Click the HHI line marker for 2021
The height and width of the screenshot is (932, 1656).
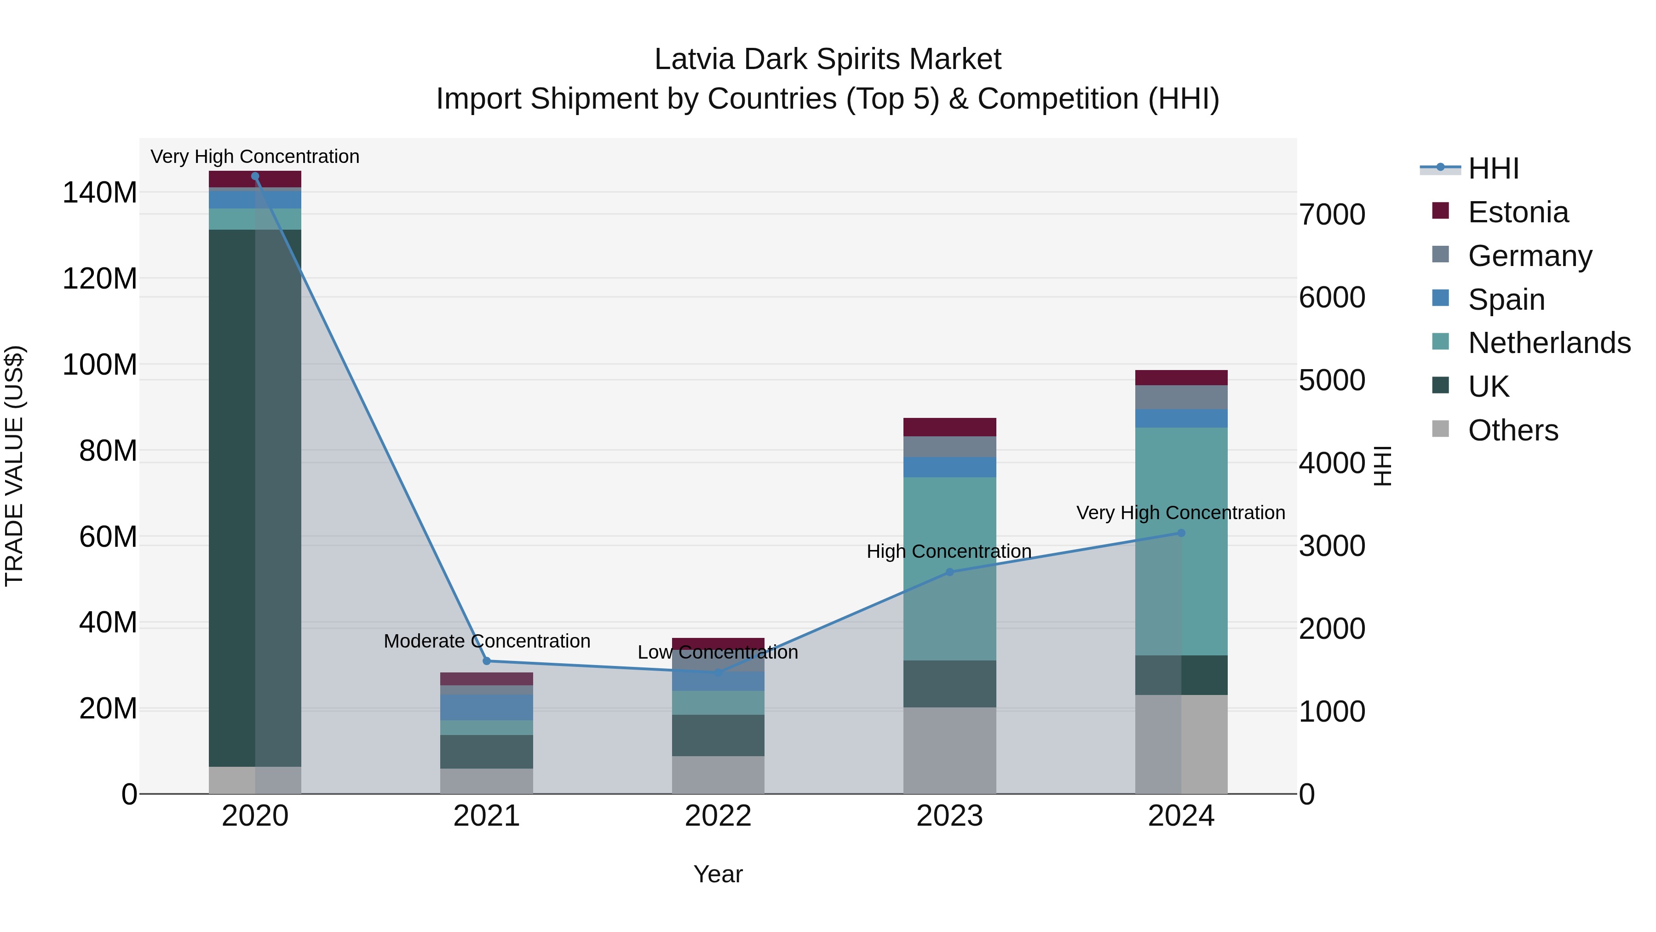pyautogui.click(x=487, y=661)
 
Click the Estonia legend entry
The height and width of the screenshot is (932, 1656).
pyautogui.click(x=1518, y=212)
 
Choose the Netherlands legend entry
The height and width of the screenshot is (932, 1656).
pyautogui.click(x=1549, y=343)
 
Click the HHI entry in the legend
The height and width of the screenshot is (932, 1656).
pyautogui.click(x=1493, y=168)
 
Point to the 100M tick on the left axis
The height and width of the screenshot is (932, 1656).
pyautogui.click(x=100, y=365)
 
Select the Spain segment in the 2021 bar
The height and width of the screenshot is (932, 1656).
pyautogui.click(x=487, y=707)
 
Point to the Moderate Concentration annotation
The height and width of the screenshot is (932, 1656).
pyautogui.click(x=487, y=641)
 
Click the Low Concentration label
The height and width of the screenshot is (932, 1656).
pyautogui.click(x=718, y=652)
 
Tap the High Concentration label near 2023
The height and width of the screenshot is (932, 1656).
pyautogui.click(x=949, y=551)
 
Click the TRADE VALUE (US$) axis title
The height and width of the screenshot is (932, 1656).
pyautogui.click(x=15, y=466)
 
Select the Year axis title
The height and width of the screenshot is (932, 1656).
pyautogui.click(x=718, y=874)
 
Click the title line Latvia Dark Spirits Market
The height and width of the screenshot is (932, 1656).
pyautogui.click(x=828, y=59)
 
